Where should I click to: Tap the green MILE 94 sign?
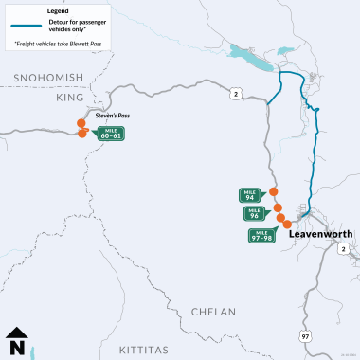[x=251, y=195]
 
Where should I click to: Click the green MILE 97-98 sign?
[x=261, y=235]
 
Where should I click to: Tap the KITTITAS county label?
[x=145, y=351]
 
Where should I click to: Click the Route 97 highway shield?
[x=305, y=310]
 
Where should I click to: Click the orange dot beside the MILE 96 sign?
[x=278, y=208]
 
